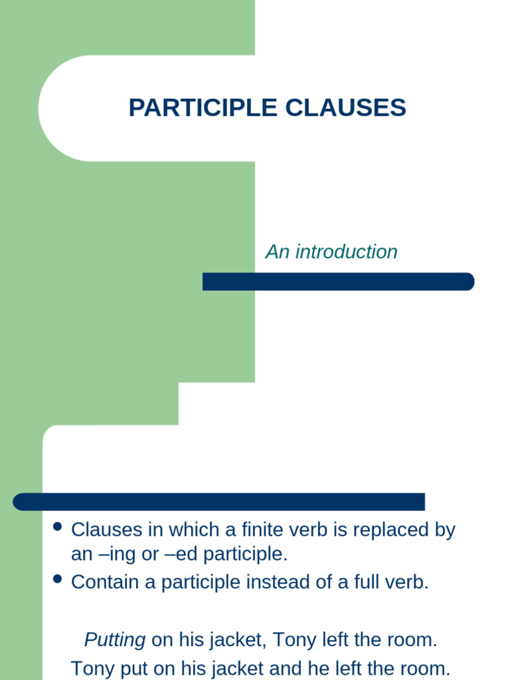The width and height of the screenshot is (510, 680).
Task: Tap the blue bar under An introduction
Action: [x=338, y=282]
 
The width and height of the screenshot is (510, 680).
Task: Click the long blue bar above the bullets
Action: [x=219, y=502]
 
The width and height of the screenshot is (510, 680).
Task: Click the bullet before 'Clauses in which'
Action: [x=57, y=527]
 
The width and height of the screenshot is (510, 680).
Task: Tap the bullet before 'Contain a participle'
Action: [x=57, y=579]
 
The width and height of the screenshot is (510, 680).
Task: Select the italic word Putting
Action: [x=115, y=640]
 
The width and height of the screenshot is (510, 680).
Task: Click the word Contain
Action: [x=104, y=582]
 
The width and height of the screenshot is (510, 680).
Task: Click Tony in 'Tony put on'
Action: [x=92, y=667]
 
